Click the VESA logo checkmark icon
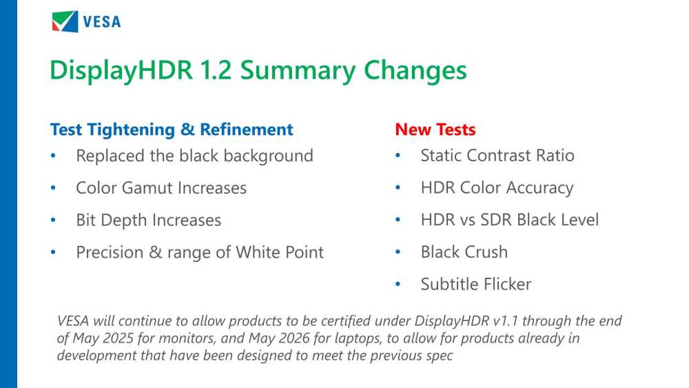(65, 21)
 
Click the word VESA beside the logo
(102, 22)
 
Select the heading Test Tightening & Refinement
(172, 130)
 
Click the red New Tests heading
(435, 130)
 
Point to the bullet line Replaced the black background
(194, 156)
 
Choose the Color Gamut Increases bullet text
(161, 187)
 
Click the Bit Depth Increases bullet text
(148, 220)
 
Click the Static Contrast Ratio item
(497, 155)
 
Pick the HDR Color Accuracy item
(497, 187)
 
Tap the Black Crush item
(464, 252)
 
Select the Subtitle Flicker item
(475, 284)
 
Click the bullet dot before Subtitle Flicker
(398, 285)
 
